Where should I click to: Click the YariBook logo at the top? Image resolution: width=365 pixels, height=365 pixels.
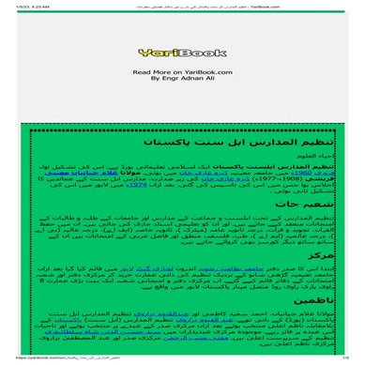pyautogui.click(x=181, y=53)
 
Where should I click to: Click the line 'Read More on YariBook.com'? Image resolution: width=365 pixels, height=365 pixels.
pyautogui.click(x=182, y=71)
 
